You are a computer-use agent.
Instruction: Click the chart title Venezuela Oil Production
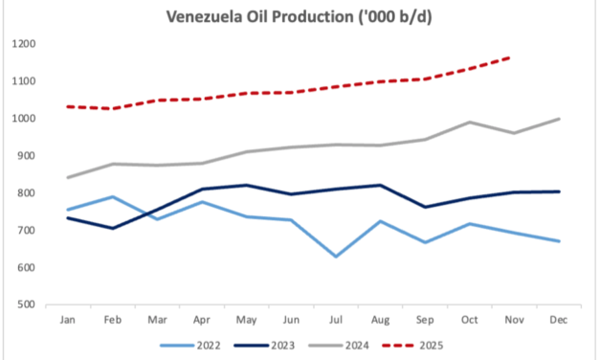point(299,16)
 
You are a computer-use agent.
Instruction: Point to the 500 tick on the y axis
point(27,305)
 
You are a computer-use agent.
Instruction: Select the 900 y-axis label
point(27,156)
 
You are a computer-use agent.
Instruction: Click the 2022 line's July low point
point(335,257)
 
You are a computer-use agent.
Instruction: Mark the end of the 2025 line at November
point(514,57)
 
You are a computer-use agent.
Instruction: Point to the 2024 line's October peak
point(469,122)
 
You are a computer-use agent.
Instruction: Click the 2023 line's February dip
point(111,228)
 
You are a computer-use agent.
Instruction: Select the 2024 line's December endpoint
point(559,119)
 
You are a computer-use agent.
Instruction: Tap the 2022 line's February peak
point(111,196)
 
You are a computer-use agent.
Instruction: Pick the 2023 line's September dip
point(425,207)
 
